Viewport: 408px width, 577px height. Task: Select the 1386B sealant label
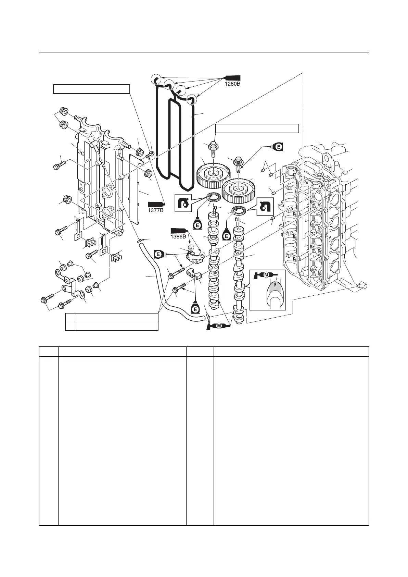click(179, 235)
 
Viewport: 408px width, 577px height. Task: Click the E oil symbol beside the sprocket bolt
click(278, 147)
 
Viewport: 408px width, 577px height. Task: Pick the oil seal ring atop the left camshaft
click(213, 197)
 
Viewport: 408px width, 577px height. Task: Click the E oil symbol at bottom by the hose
click(195, 309)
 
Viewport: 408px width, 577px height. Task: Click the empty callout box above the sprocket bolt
click(257, 128)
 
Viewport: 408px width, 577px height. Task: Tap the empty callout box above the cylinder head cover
click(91, 89)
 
